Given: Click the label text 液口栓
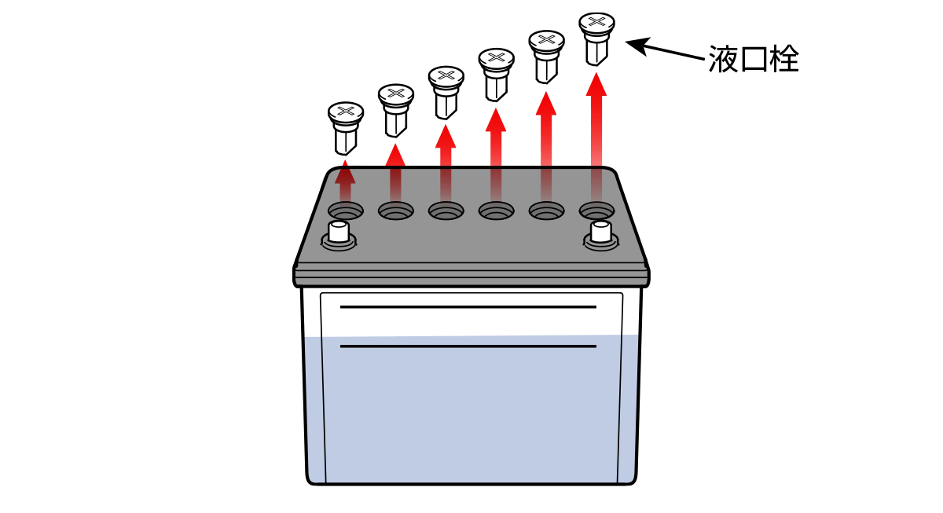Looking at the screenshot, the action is point(754,59).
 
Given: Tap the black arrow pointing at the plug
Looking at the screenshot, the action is point(665,49).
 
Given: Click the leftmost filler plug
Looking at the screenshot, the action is point(346,128).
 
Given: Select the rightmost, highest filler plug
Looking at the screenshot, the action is point(596,39).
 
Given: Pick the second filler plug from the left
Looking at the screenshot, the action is point(396,111).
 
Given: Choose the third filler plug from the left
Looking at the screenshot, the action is point(446,93).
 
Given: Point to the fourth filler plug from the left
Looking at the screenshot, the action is point(497,75).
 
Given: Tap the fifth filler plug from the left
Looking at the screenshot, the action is point(546,57).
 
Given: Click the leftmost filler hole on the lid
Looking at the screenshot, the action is point(346,211).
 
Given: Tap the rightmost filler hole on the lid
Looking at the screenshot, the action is point(596,210).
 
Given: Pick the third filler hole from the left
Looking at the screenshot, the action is point(446,211).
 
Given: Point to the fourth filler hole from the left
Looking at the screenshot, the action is point(497,211).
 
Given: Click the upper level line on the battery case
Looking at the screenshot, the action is point(468,307).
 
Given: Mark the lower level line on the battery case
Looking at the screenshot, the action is point(468,346).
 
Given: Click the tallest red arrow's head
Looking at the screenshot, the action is point(596,85).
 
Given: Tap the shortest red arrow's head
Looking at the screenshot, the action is point(345,173).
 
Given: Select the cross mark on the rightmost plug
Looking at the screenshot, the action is point(596,21).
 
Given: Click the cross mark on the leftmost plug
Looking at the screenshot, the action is point(346,111).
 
